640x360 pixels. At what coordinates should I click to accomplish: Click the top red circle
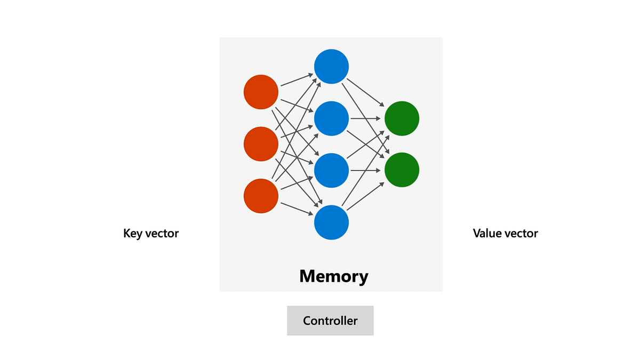pyautogui.click(x=261, y=92)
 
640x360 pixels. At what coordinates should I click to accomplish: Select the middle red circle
pyautogui.click(x=261, y=144)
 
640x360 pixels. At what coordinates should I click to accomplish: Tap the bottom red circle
pyautogui.click(x=261, y=196)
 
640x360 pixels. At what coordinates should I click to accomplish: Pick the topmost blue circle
pyautogui.click(x=331, y=66)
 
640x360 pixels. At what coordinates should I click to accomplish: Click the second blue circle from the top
pyautogui.click(x=331, y=118)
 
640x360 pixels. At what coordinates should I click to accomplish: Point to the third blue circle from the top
pyautogui.click(x=331, y=170)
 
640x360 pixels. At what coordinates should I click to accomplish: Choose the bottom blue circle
pyautogui.click(x=331, y=222)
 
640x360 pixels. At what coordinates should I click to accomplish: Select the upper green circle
pyautogui.click(x=402, y=118)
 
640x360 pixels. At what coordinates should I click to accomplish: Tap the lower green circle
pyautogui.click(x=402, y=170)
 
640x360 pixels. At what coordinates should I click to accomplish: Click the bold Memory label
pyautogui.click(x=333, y=276)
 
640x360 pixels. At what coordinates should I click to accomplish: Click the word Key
pyautogui.click(x=132, y=233)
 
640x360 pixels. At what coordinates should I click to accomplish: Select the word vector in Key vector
pyautogui.click(x=163, y=233)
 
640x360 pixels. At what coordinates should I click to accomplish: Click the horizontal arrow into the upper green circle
pyautogui.click(x=366, y=118)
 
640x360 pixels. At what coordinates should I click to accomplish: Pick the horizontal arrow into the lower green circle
pyautogui.click(x=366, y=170)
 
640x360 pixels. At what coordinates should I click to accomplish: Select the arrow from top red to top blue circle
pyautogui.click(x=296, y=80)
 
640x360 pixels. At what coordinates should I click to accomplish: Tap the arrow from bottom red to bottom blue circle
pyautogui.click(x=296, y=209)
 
